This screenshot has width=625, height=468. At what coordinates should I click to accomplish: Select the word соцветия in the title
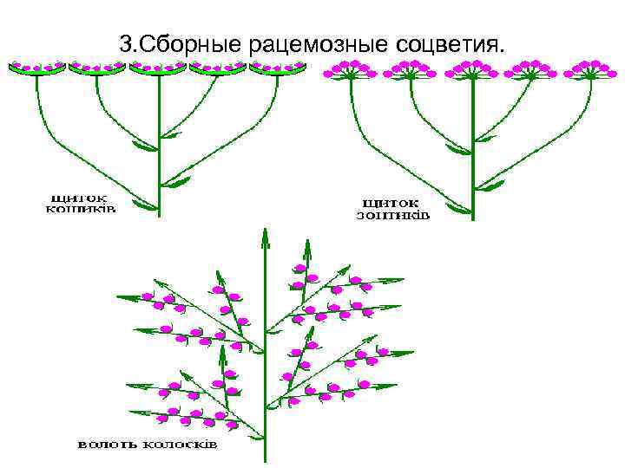pyautogui.click(x=451, y=43)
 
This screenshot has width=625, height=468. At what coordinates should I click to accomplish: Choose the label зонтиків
pyautogui.click(x=392, y=214)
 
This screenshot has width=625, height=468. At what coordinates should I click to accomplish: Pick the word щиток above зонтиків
pyautogui.click(x=392, y=202)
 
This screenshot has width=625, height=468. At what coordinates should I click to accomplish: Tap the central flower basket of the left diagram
pyautogui.click(x=158, y=69)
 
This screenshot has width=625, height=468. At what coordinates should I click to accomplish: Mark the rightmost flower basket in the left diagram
pyautogui.click(x=278, y=69)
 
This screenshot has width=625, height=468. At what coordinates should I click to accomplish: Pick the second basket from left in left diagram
pyautogui.click(x=96, y=69)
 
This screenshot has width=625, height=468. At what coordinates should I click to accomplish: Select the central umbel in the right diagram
pyautogui.click(x=471, y=70)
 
